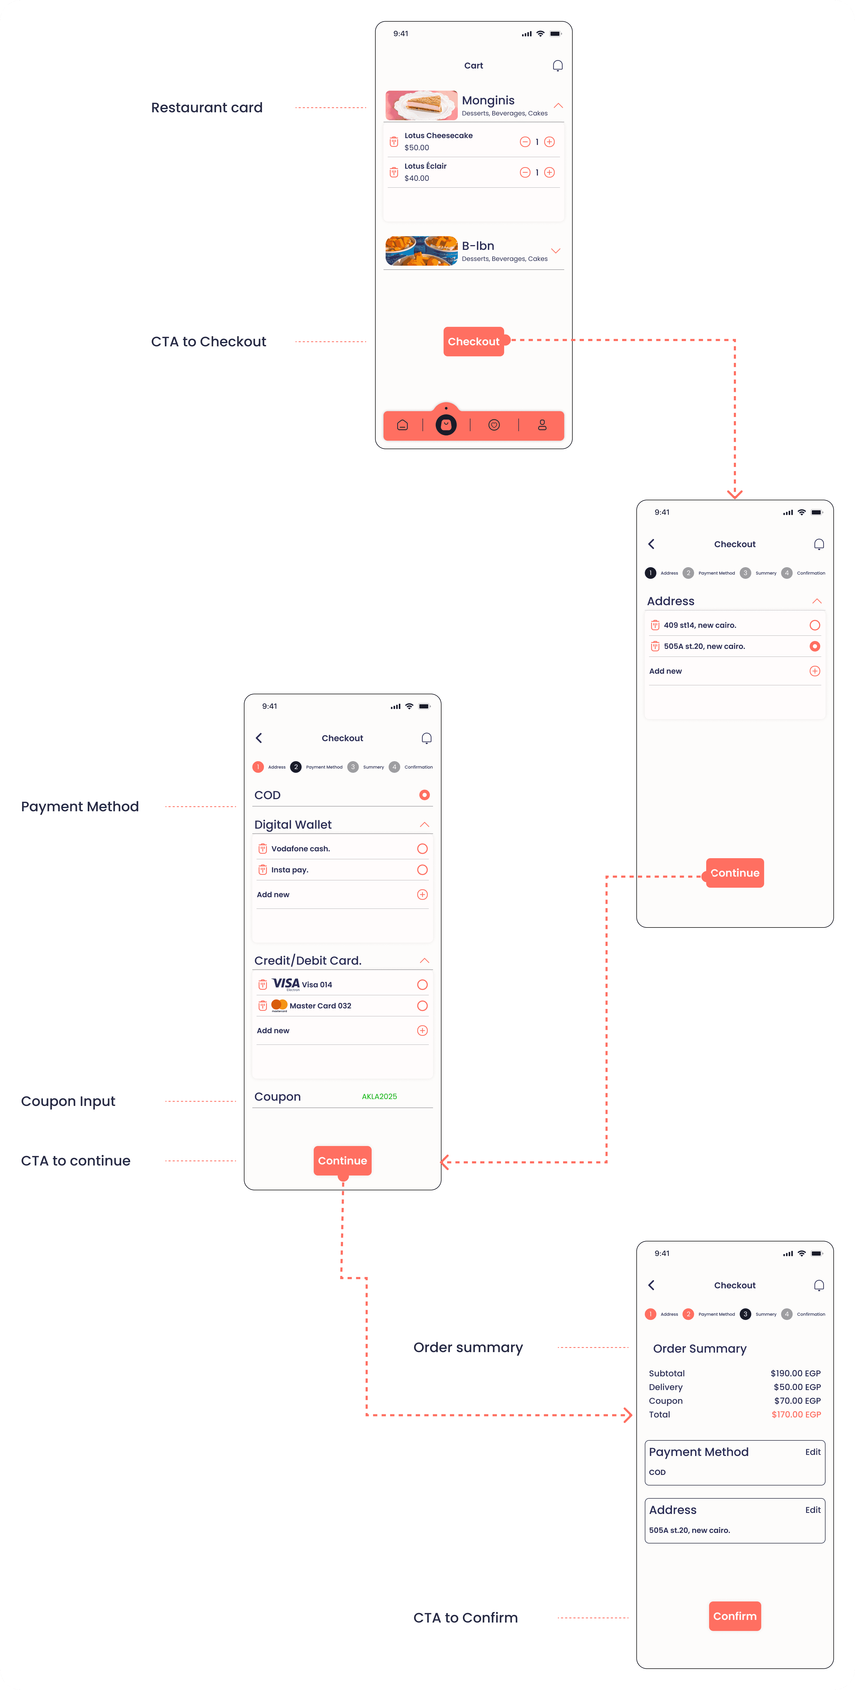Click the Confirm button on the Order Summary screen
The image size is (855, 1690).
[x=734, y=1616]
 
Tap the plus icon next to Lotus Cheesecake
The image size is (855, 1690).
[x=549, y=142]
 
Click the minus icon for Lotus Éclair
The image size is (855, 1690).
[x=524, y=173]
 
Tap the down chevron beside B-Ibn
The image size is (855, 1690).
[x=555, y=251]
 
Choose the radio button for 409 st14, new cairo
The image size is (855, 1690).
[x=814, y=625]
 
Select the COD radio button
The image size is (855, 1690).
[x=424, y=795]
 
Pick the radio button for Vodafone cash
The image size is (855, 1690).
[x=422, y=849]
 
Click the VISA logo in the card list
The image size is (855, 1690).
[x=286, y=983]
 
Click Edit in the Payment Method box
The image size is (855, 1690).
[x=812, y=1452]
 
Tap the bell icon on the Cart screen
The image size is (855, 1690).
[x=557, y=66]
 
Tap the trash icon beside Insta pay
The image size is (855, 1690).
[x=262, y=870]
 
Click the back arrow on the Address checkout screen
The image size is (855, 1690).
[x=651, y=544]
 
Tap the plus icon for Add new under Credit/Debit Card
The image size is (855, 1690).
[x=422, y=1031]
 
